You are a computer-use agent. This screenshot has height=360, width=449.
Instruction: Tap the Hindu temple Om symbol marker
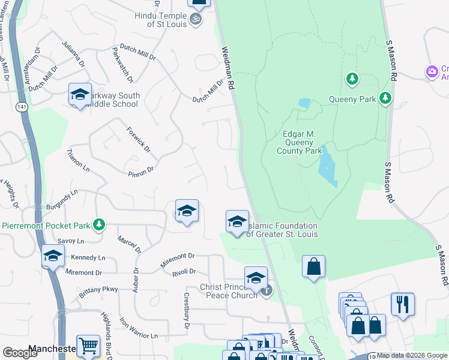coord(195,20)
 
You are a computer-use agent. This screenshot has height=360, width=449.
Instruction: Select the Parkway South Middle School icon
coord(80,95)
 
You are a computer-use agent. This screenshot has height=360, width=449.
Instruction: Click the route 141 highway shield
coord(22,106)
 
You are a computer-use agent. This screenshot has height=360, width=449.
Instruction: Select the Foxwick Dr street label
coord(138,139)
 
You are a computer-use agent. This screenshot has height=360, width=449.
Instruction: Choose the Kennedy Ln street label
coord(88,257)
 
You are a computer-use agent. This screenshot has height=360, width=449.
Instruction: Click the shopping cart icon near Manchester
coord(88,345)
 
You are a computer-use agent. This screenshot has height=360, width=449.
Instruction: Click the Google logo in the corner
coord(20,353)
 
